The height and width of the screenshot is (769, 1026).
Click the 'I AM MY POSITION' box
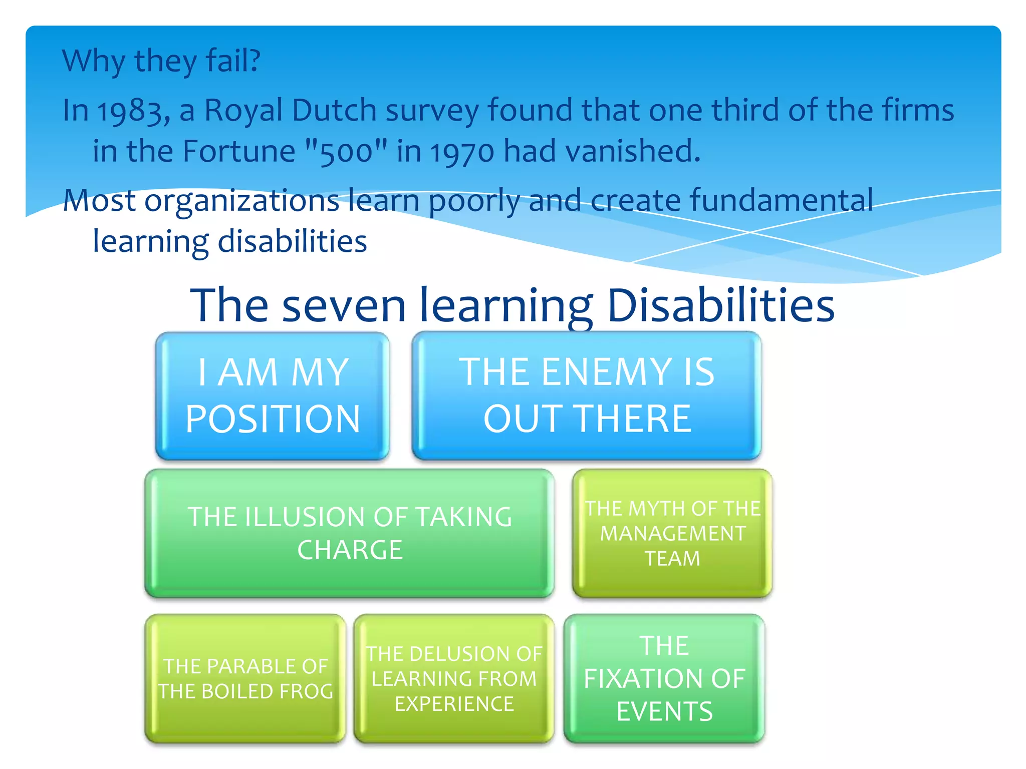(272, 396)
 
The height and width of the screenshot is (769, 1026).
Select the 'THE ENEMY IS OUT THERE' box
(587, 396)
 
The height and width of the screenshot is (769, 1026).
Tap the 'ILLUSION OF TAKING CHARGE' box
(350, 533)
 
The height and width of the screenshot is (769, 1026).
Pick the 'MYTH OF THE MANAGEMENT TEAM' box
(672, 533)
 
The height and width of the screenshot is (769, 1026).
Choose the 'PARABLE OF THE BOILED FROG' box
(245, 679)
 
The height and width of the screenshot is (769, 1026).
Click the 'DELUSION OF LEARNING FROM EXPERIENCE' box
(454, 679)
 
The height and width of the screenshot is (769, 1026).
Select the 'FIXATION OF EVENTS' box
(664, 679)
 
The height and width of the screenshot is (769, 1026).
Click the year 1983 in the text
(133, 111)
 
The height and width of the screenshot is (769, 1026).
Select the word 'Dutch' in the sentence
(334, 110)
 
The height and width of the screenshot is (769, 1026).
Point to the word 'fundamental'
(782, 200)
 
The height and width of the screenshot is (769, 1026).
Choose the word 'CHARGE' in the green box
(350, 550)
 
